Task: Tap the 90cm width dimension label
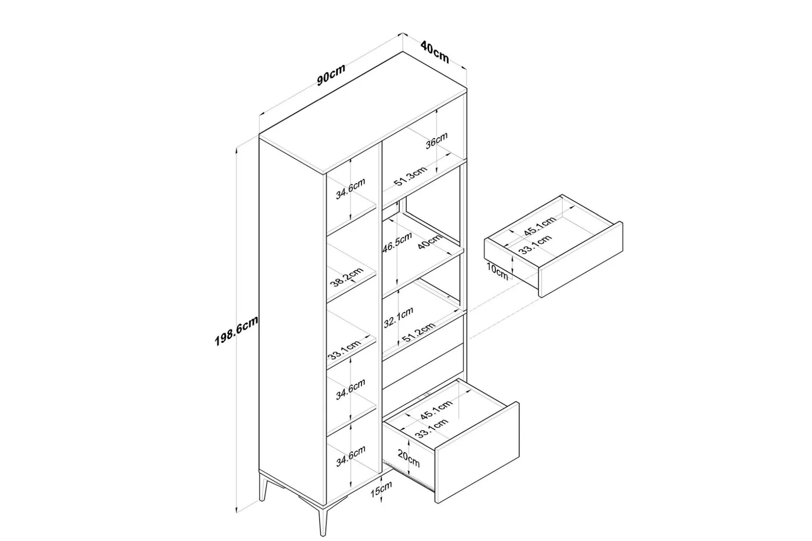pos(331,75)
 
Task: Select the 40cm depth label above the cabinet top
pos(435,51)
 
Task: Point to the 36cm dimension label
pos(437,140)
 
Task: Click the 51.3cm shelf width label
pos(411,176)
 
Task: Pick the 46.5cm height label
pos(397,243)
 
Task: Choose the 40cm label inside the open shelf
pos(430,241)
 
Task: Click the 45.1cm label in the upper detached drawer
pos(540,226)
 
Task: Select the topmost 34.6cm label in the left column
pos(350,188)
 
